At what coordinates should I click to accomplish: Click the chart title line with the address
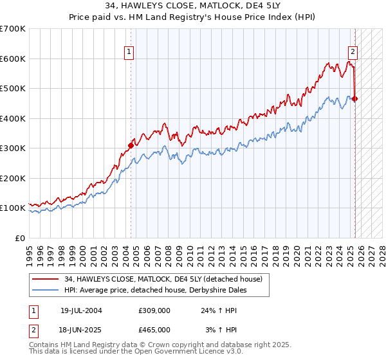193,6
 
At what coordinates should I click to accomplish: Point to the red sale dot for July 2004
131,145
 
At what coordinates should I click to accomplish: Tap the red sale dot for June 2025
355,99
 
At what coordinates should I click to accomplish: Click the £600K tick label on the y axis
13,59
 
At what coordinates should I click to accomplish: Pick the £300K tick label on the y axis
13,148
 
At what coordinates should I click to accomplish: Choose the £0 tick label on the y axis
19,239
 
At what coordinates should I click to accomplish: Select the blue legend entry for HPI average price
155,291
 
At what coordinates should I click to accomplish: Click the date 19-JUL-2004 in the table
81,310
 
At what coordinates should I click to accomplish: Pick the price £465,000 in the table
154,329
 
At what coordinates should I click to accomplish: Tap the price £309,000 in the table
154,310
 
